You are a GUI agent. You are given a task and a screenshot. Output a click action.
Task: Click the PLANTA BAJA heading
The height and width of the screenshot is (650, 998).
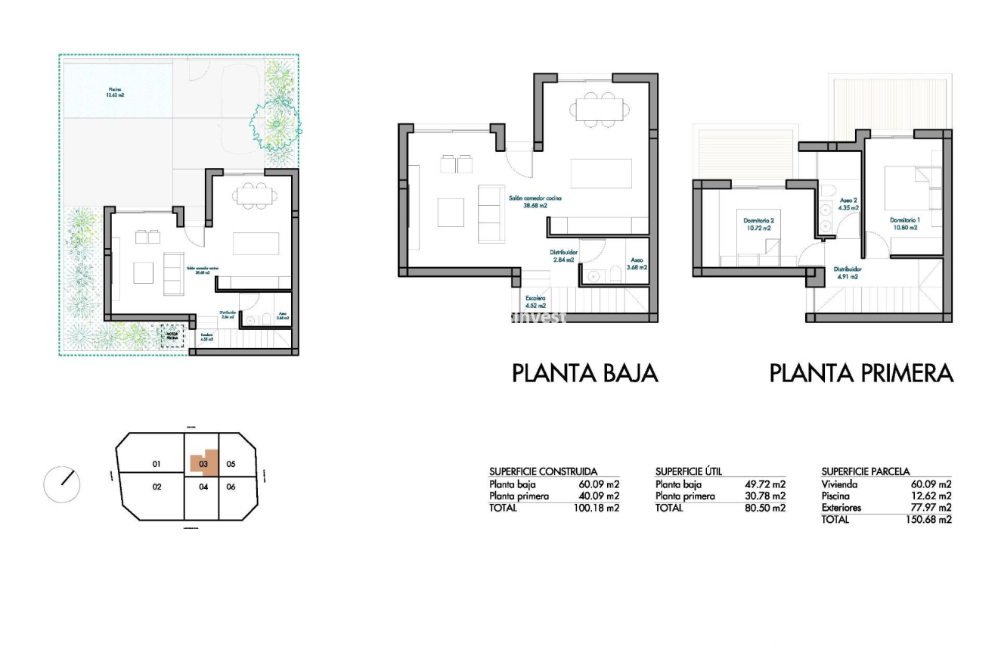tap(584, 373)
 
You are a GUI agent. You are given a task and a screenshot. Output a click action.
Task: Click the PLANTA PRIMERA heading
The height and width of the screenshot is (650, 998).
tap(861, 373)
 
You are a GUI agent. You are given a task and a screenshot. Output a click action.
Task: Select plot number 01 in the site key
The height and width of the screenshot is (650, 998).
tap(157, 464)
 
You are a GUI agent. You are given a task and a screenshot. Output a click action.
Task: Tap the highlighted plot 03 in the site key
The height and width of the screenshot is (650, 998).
tap(203, 462)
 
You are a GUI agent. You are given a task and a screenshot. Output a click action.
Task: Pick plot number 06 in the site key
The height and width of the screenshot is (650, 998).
tap(231, 487)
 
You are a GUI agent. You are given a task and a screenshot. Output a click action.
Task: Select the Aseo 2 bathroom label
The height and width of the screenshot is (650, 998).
tap(849, 202)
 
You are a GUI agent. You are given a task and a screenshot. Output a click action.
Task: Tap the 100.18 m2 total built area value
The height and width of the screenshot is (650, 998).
tap(597, 508)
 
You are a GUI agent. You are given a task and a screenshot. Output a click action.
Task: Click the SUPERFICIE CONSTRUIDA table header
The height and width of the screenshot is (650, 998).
tap(543, 471)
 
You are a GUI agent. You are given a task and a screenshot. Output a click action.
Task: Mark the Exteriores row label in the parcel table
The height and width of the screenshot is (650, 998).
tap(841, 508)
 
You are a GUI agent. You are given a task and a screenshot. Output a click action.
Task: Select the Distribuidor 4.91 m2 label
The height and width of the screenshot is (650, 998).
tap(847, 272)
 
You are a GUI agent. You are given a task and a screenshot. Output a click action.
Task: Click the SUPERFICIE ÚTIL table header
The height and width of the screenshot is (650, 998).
tap(688, 471)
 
